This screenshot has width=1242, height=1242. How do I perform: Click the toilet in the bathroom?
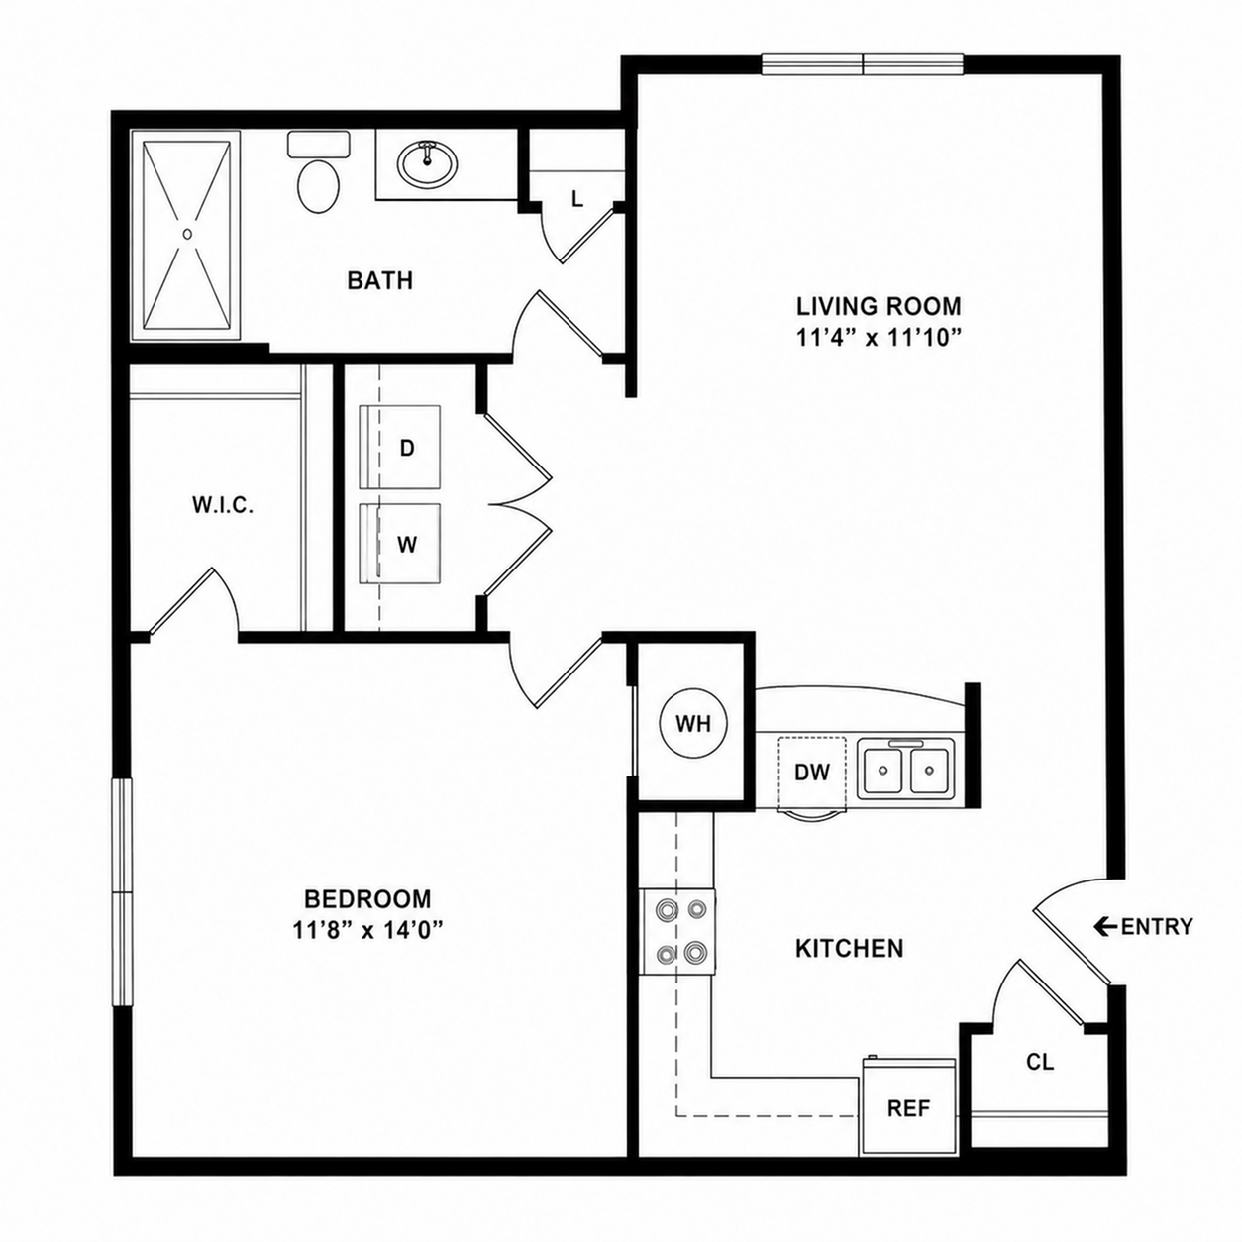point(318,173)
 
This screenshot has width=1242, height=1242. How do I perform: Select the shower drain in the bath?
point(187,234)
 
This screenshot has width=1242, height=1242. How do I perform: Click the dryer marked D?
point(399,447)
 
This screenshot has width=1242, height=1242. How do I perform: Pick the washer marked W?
point(399,544)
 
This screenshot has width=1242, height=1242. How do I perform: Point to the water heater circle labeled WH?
point(693,724)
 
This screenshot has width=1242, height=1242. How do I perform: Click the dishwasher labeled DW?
point(812,772)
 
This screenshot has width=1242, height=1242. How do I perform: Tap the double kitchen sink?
point(905,769)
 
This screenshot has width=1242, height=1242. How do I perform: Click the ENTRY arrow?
point(1104,926)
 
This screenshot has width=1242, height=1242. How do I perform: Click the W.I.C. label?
point(223,506)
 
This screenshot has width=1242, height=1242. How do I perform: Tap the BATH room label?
point(379,281)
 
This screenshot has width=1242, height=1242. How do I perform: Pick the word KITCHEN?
point(850,948)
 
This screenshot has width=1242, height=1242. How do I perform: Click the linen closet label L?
point(577,199)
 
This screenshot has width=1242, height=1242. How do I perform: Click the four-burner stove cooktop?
point(678,931)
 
